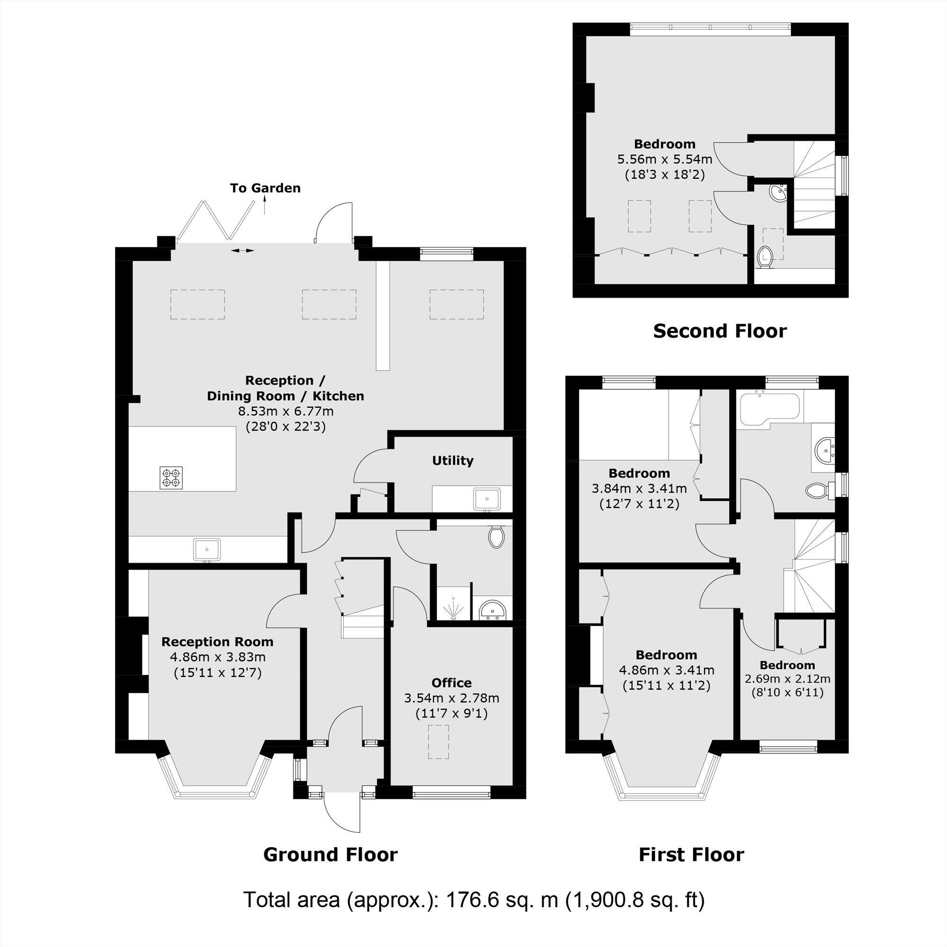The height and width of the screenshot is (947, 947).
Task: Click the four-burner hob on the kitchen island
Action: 171,477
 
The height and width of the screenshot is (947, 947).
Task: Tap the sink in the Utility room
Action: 487,499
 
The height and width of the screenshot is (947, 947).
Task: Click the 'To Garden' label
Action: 265,188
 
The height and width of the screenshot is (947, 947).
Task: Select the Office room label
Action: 451,683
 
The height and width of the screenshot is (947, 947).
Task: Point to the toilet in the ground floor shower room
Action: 496,537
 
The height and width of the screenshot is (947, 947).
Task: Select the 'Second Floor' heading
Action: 720,331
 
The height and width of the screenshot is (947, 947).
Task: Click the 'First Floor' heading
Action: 691,854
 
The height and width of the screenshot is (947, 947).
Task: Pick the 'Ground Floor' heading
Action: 331,854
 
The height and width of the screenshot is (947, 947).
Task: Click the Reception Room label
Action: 217,642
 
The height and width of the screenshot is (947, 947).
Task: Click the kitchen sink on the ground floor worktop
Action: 207,549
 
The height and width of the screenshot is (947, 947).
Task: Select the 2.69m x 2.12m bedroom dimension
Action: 787,679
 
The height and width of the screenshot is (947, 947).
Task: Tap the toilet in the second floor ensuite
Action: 765,257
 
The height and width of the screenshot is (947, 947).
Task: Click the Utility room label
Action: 452,460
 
